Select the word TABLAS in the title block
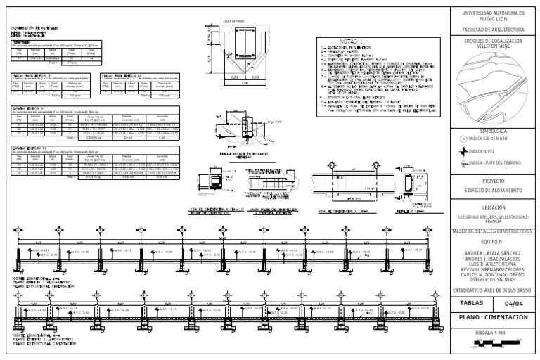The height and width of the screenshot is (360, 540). [472, 304]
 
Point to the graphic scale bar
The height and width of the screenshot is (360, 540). [491, 342]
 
